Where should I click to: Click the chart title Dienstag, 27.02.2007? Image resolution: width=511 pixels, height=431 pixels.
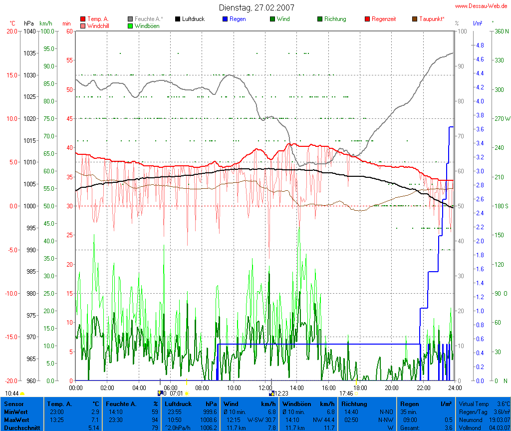256,7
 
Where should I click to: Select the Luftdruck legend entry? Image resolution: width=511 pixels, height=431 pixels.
189,19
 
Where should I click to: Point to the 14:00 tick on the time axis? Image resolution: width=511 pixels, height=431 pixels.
296,388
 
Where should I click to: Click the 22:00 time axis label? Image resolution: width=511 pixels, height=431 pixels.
423,388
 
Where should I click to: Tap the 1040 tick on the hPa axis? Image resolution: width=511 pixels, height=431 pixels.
29,31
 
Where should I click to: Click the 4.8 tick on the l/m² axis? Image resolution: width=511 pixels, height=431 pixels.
480,45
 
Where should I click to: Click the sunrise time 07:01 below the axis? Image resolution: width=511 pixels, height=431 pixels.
177,394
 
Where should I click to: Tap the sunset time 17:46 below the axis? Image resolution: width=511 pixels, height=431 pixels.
346,394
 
